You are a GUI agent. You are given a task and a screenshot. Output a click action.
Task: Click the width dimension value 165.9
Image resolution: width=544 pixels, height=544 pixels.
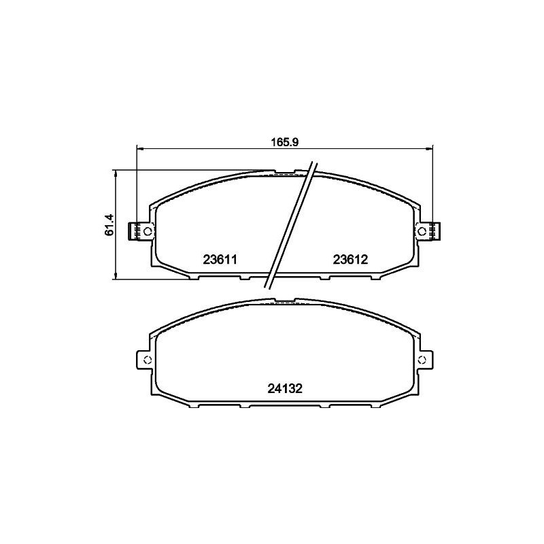[286, 142]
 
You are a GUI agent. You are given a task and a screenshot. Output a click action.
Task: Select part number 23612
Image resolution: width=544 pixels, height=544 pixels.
[350, 259]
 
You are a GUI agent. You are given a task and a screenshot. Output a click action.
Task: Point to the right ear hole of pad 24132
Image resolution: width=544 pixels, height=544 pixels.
[423, 360]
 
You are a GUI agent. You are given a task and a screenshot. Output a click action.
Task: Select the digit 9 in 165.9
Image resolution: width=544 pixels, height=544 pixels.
[296, 142]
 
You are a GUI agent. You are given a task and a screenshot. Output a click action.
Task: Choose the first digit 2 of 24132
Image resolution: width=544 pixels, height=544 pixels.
[271, 389]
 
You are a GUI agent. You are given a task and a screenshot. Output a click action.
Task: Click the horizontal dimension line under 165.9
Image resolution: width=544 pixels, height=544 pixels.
[204, 148]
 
